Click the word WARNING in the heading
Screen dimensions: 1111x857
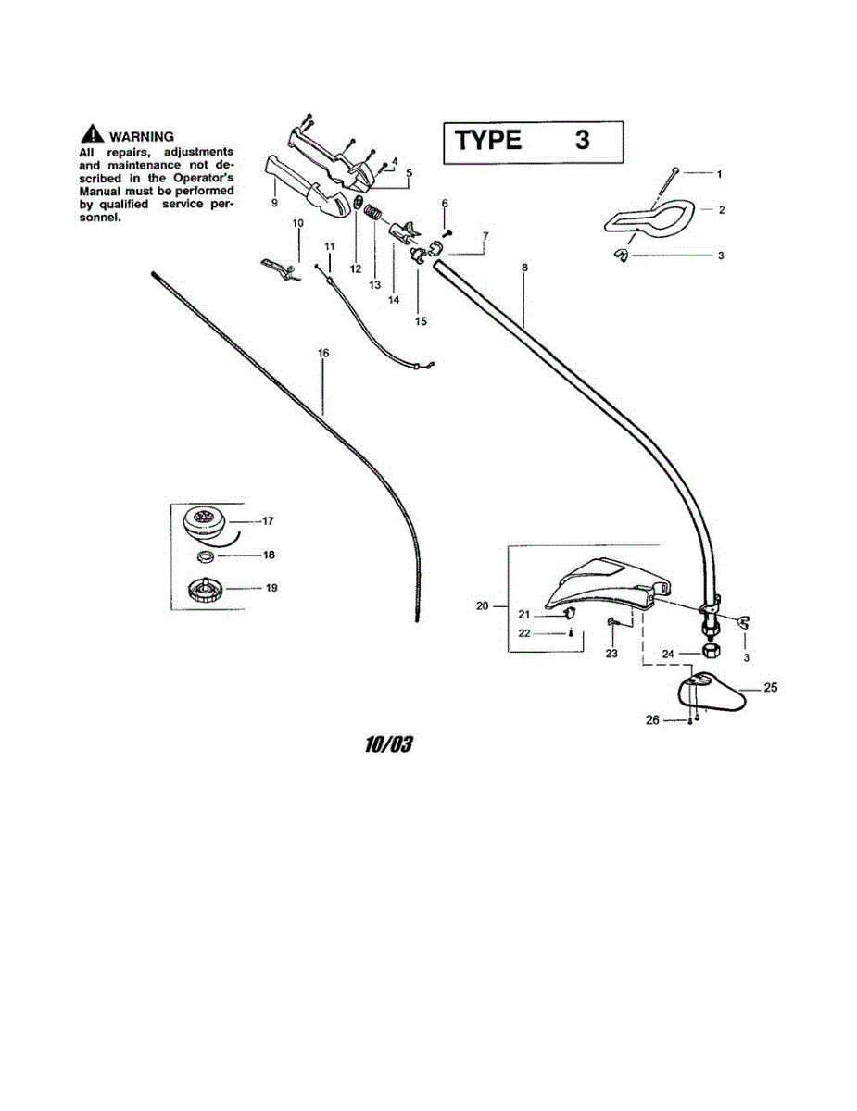(141, 136)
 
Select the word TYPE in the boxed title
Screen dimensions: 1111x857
(487, 141)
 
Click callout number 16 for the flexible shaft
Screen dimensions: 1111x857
(322, 354)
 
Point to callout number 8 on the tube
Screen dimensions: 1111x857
(524, 268)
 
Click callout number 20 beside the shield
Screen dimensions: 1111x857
(481, 606)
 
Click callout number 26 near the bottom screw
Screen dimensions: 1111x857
(651, 719)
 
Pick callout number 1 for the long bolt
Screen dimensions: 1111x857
(720, 173)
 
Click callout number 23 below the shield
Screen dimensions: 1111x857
(611, 653)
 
